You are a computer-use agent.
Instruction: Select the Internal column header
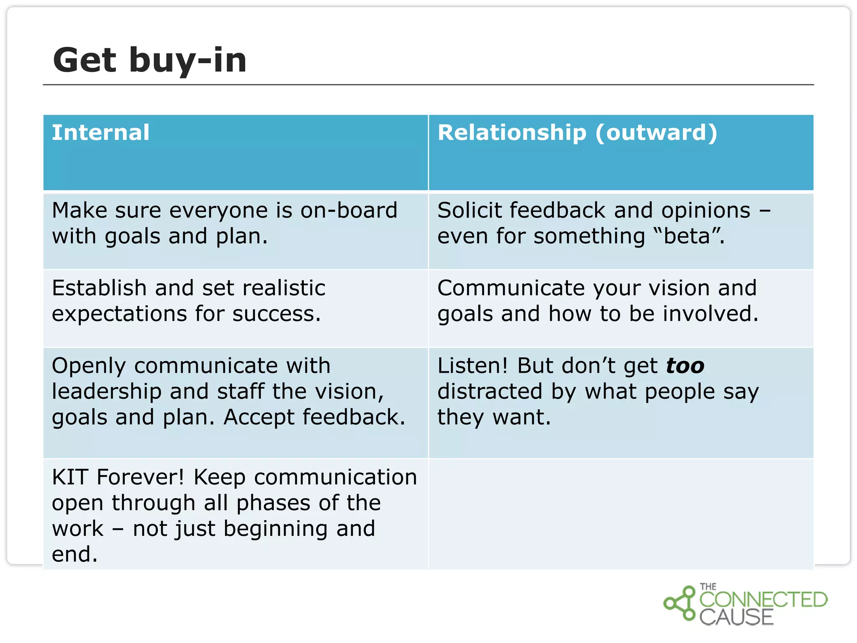[x=100, y=133]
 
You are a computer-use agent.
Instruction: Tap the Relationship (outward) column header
[x=577, y=133]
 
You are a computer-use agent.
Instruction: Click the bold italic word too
[x=685, y=366]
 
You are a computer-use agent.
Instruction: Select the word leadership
[x=106, y=392]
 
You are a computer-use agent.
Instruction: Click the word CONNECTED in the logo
[x=763, y=599]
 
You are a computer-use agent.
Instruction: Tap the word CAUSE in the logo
[x=736, y=617]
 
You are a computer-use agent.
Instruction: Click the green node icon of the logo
[x=680, y=603]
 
